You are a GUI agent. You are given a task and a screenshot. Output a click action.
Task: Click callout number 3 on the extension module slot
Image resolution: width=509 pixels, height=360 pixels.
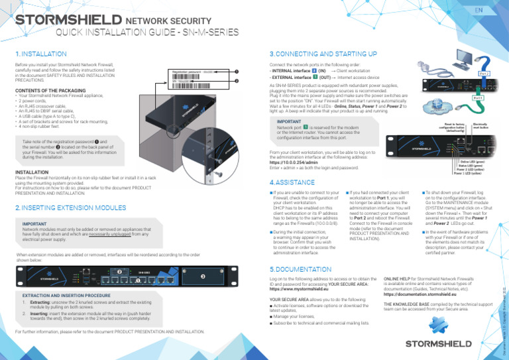click(x=203, y=276)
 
